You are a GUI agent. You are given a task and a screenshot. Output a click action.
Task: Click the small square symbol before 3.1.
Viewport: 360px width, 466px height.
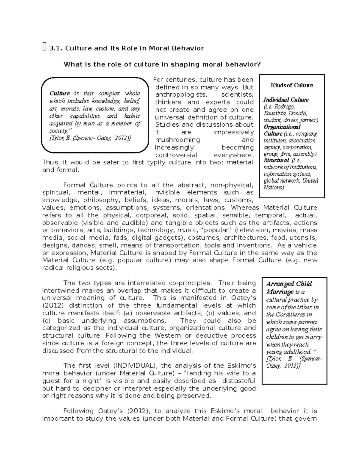(44, 47)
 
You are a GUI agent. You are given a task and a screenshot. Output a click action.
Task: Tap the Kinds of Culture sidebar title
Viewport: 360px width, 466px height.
(292, 85)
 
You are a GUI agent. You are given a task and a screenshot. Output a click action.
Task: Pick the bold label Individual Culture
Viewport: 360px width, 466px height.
(286, 100)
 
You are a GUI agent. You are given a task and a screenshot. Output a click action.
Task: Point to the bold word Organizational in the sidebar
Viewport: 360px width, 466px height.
(282, 127)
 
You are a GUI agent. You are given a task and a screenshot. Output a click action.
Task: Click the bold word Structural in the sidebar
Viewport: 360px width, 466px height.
(276, 161)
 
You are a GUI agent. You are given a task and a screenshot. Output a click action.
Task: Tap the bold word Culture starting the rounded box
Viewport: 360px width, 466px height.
(59, 93)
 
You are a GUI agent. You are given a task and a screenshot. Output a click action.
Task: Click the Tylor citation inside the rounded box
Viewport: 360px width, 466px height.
(90, 138)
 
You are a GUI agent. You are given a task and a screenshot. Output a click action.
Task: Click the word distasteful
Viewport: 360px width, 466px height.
(239, 381)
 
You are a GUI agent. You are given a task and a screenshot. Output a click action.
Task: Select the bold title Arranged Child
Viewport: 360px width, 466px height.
(289, 284)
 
